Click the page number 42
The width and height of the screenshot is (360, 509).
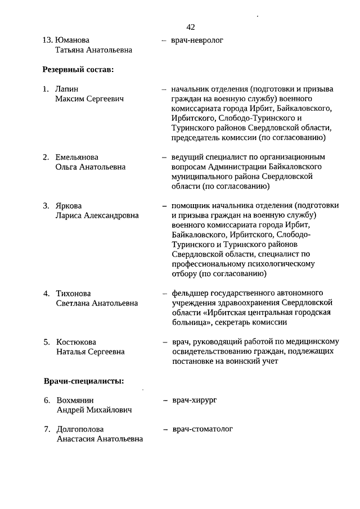coord(191,27)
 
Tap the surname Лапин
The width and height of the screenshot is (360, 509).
coord(67,89)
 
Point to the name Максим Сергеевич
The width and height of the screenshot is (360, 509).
coord(90,99)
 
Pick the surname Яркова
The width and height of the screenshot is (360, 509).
coord(69,205)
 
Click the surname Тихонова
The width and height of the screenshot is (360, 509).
coord(74,294)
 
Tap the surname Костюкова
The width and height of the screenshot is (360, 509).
coord(76,342)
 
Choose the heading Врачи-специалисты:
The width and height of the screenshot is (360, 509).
coord(84,381)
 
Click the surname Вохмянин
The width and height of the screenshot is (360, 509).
coord(74,400)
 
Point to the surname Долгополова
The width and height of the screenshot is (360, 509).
coord(80,430)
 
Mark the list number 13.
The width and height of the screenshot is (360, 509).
coord(47,40)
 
